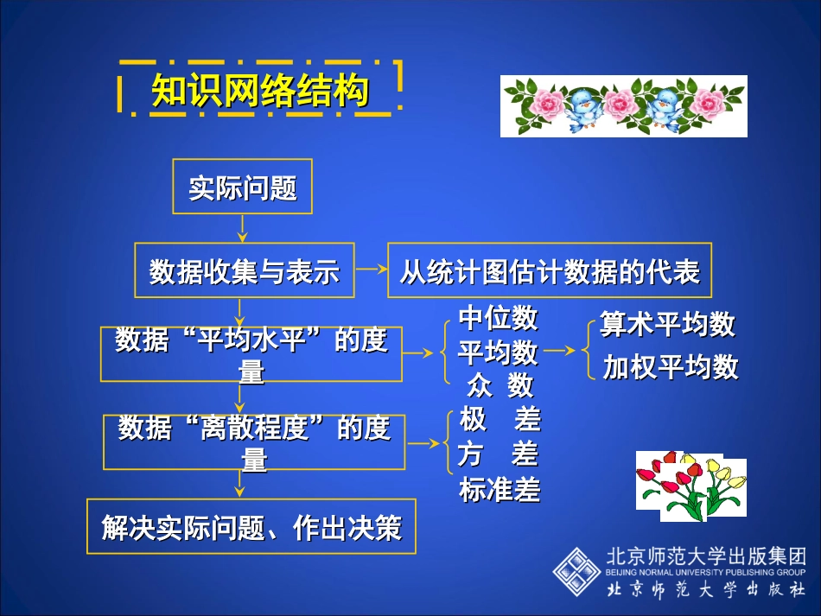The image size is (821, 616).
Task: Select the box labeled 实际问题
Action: click(242, 187)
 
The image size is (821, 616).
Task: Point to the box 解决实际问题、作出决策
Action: click(251, 526)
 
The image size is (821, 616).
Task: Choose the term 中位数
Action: click(498, 319)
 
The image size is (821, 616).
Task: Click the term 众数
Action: click(500, 384)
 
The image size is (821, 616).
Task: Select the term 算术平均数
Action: click(667, 324)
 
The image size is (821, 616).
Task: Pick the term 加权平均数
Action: click(671, 367)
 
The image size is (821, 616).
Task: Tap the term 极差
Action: click(500, 420)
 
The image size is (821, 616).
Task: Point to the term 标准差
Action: click(500, 490)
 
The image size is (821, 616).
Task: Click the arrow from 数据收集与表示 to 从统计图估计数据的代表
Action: click(372, 270)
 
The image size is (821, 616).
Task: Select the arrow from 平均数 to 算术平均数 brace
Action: click(559, 351)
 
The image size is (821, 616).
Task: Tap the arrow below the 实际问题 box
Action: click(243, 228)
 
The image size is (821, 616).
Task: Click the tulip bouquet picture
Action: click(690, 486)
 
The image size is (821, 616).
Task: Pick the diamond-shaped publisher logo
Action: click(577, 571)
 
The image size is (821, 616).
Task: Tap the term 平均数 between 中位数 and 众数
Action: click(498, 352)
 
